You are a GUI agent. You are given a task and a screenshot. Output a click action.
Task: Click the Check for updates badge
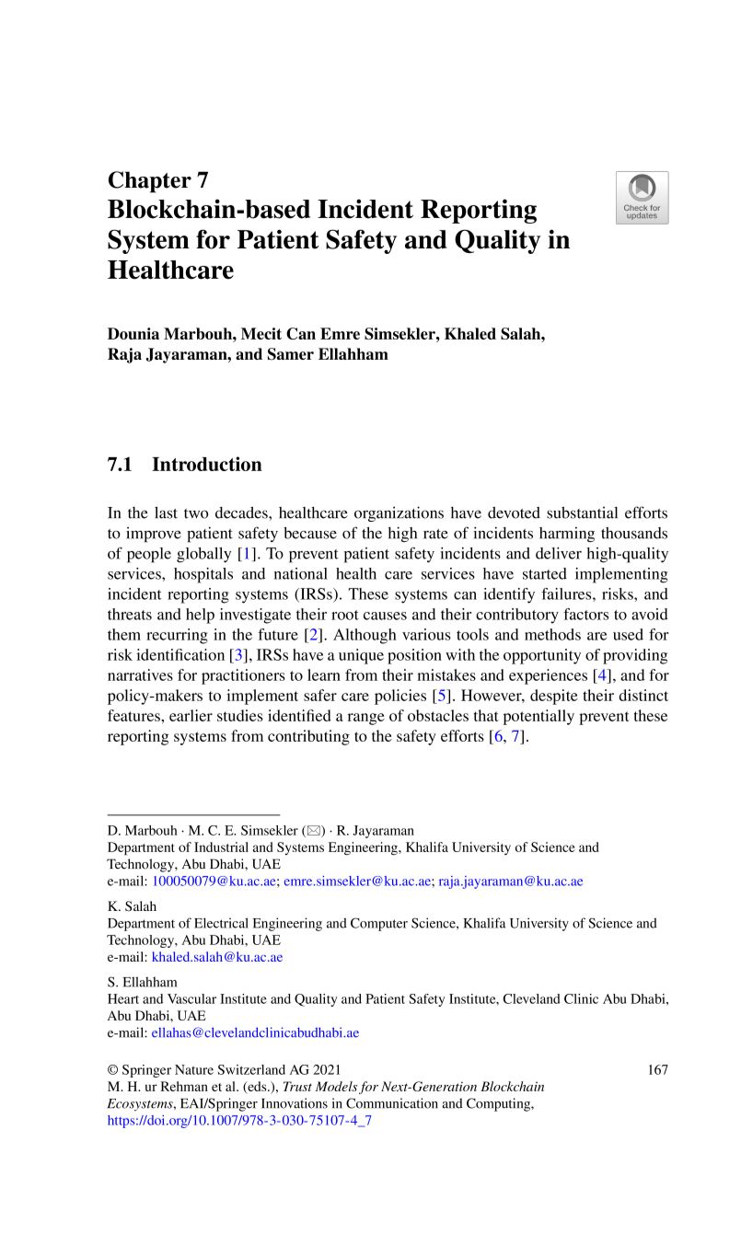click(642, 197)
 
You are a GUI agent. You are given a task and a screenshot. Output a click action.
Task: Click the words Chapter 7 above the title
click(158, 179)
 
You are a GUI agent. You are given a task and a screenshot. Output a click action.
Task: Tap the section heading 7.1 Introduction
click(184, 465)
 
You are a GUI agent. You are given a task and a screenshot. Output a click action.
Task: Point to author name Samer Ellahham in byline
click(329, 354)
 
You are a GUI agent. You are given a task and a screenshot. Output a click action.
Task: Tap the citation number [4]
click(601, 675)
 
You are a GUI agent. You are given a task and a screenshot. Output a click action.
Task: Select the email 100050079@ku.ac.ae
click(214, 882)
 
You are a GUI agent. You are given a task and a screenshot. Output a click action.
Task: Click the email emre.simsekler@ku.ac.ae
click(357, 882)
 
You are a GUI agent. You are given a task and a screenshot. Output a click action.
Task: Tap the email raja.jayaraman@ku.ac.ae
click(510, 882)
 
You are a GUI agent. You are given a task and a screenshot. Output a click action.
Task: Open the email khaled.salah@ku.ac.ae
click(217, 957)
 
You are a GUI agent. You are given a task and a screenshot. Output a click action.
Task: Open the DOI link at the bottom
click(239, 1121)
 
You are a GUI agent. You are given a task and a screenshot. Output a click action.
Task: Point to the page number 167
click(657, 1069)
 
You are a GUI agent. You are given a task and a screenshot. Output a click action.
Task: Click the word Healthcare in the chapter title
click(170, 271)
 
